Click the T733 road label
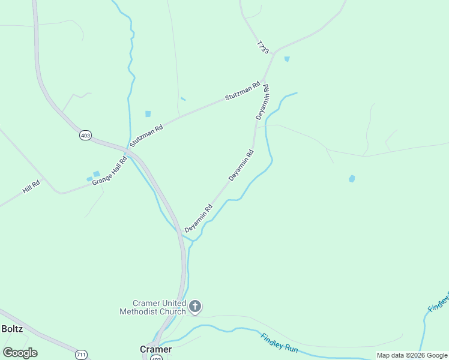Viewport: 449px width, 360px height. coord(262,48)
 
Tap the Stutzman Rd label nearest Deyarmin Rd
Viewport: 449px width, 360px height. coord(243,91)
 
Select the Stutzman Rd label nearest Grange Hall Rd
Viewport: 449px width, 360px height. coord(146,136)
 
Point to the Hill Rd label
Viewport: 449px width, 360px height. coord(31,187)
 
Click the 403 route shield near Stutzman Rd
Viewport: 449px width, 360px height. coord(85,136)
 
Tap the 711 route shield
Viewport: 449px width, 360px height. coord(82,355)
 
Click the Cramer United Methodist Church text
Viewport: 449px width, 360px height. coord(152,307)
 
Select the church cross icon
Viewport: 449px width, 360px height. coord(194,307)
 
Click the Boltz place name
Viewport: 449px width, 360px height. coord(12,329)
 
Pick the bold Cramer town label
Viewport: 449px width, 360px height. coord(155,349)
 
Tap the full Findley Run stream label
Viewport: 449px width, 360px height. coord(279,343)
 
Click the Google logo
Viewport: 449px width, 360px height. coord(20,353)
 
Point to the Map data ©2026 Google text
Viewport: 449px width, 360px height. coord(412,355)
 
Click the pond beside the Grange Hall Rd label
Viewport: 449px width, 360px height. coord(96,174)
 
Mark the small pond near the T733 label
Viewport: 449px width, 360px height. coord(287,59)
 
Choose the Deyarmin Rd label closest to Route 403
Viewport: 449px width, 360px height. coord(199,218)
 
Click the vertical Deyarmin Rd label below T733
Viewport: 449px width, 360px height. coord(262,102)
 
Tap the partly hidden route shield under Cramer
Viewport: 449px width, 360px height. coord(156,358)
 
